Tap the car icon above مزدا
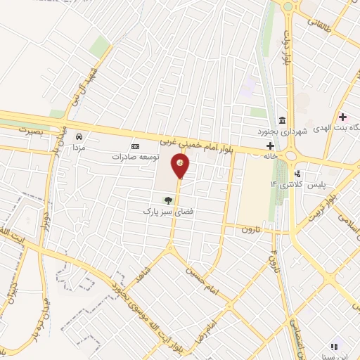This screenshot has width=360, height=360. point(80,136)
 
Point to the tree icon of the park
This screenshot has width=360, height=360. point(167,200)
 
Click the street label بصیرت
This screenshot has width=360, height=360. point(30,131)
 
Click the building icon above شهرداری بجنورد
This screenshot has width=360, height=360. point(282,120)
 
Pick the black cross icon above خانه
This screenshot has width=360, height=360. point(271,146)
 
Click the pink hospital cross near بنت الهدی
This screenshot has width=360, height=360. point(342,117)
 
